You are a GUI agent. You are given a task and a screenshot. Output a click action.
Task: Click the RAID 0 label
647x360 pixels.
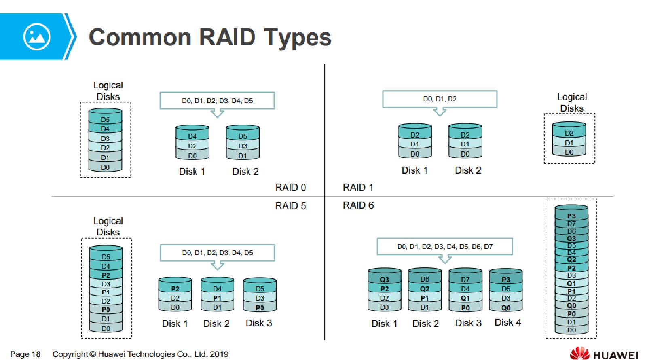[290, 188]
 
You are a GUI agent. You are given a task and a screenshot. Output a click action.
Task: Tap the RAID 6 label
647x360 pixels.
[358, 205]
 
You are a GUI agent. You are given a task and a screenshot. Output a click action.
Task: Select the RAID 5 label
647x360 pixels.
[290, 206]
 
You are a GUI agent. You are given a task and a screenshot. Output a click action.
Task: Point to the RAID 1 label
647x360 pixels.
[358, 188]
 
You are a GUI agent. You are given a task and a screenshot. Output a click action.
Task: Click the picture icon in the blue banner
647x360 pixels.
[37, 37]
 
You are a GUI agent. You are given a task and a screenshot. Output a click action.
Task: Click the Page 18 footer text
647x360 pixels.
[25, 354]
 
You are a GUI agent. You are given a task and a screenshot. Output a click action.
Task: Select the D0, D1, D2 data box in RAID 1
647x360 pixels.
[440, 99]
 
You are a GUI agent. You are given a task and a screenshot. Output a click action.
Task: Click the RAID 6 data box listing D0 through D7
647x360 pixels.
[445, 247]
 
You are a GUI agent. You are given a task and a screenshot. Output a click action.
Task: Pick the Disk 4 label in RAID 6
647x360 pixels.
[507, 322]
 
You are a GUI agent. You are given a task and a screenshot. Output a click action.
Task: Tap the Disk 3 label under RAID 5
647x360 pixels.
[259, 323]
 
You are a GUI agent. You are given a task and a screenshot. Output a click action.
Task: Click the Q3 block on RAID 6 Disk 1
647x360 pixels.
[385, 280]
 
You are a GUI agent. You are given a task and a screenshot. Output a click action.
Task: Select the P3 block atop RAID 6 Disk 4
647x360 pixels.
[506, 280]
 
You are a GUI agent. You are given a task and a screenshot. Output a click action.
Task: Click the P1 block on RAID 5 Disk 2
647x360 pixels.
[217, 298]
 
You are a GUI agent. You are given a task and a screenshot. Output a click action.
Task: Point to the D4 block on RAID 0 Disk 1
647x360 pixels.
[192, 136]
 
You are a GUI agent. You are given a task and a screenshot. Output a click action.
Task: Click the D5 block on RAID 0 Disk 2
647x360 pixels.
[243, 136]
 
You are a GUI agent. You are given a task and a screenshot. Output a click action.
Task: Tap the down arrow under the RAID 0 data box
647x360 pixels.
[218, 114]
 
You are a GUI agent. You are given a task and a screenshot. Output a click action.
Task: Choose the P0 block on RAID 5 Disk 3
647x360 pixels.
[260, 308]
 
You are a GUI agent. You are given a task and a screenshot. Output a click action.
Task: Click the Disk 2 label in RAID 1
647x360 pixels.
[468, 170]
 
